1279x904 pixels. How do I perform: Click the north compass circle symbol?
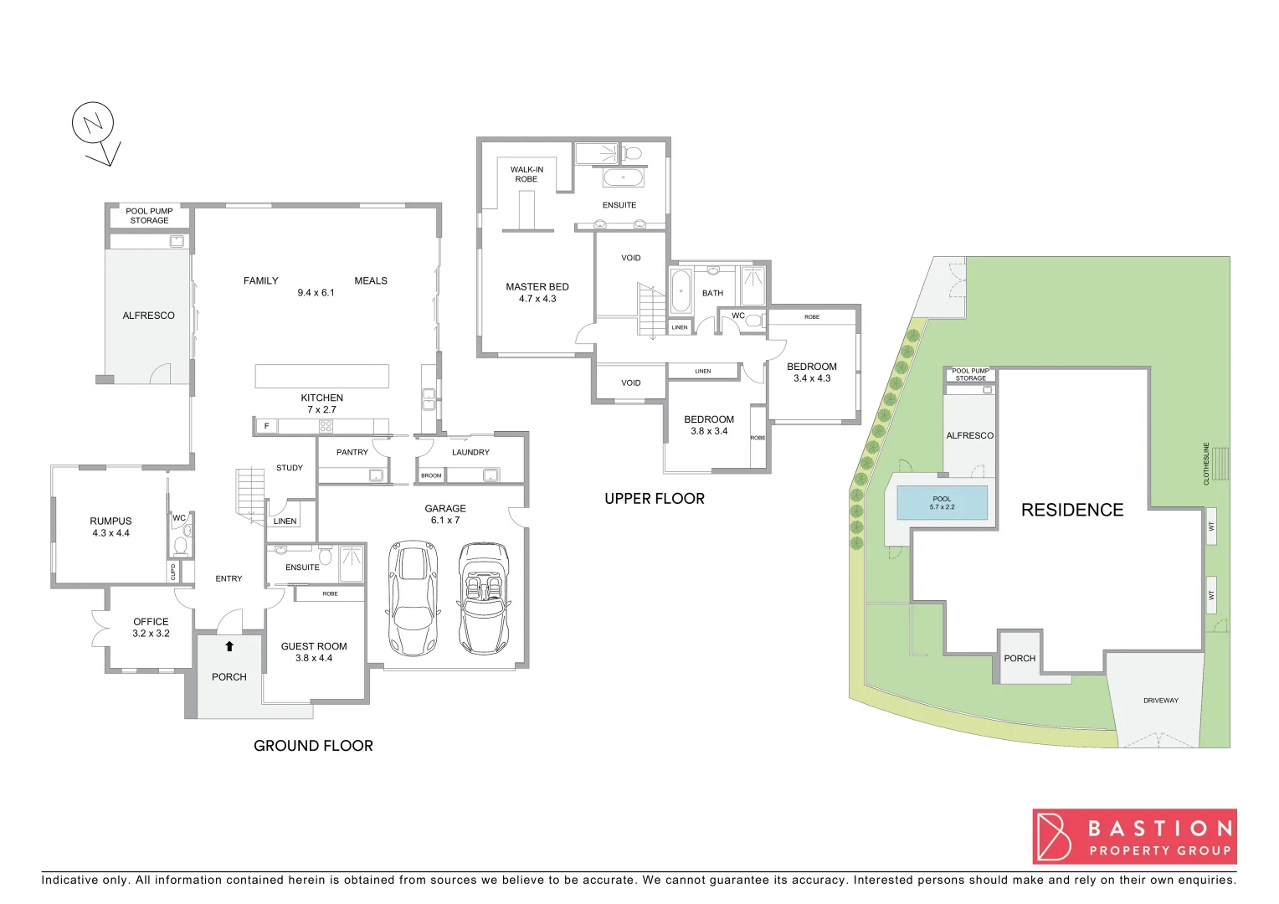[x=92, y=123]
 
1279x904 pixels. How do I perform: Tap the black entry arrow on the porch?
[x=229, y=646]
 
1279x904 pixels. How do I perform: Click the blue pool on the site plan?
[x=942, y=503]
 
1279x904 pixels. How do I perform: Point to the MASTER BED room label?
[x=537, y=287]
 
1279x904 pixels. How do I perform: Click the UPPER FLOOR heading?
[x=655, y=499]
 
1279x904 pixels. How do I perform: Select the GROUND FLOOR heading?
[x=313, y=746]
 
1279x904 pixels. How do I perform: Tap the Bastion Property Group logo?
[x=1134, y=836]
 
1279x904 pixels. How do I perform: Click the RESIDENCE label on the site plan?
[x=1072, y=510]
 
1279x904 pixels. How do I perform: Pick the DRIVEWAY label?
[x=1160, y=701]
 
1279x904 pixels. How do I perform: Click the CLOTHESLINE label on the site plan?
[x=1206, y=464]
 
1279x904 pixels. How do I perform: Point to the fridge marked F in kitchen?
[x=266, y=426]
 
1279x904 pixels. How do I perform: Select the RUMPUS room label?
[x=111, y=521]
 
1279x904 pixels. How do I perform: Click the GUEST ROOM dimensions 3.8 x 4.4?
[x=314, y=658]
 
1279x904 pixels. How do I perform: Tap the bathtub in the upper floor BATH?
[x=681, y=291]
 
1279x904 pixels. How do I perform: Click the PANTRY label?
[x=352, y=452]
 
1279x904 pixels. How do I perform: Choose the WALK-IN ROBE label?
[x=526, y=174]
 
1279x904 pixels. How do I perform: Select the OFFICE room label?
[x=151, y=622]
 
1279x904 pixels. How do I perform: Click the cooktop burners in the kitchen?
[x=326, y=426]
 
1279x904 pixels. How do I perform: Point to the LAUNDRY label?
[x=470, y=452]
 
